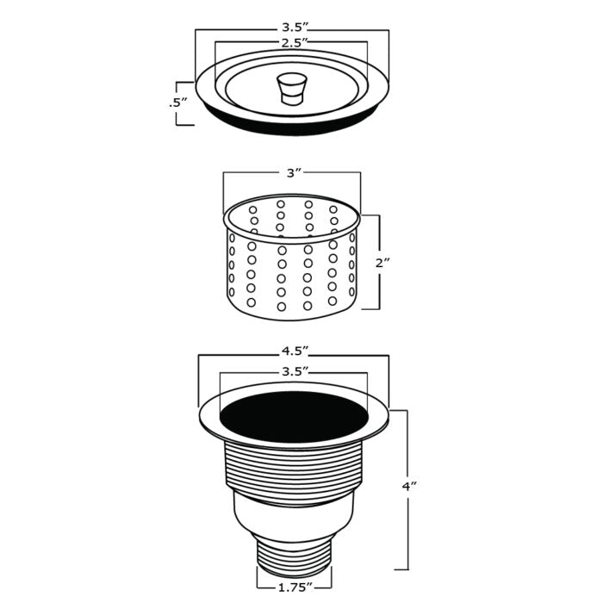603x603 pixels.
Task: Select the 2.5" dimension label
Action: coord(292,41)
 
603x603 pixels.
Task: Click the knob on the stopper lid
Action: coord(291,87)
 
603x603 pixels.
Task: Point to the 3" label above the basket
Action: coord(293,173)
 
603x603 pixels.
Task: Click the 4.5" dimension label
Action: coord(294,351)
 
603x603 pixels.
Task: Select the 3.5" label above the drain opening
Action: coord(294,372)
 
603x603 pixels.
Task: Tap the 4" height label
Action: coord(410,487)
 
